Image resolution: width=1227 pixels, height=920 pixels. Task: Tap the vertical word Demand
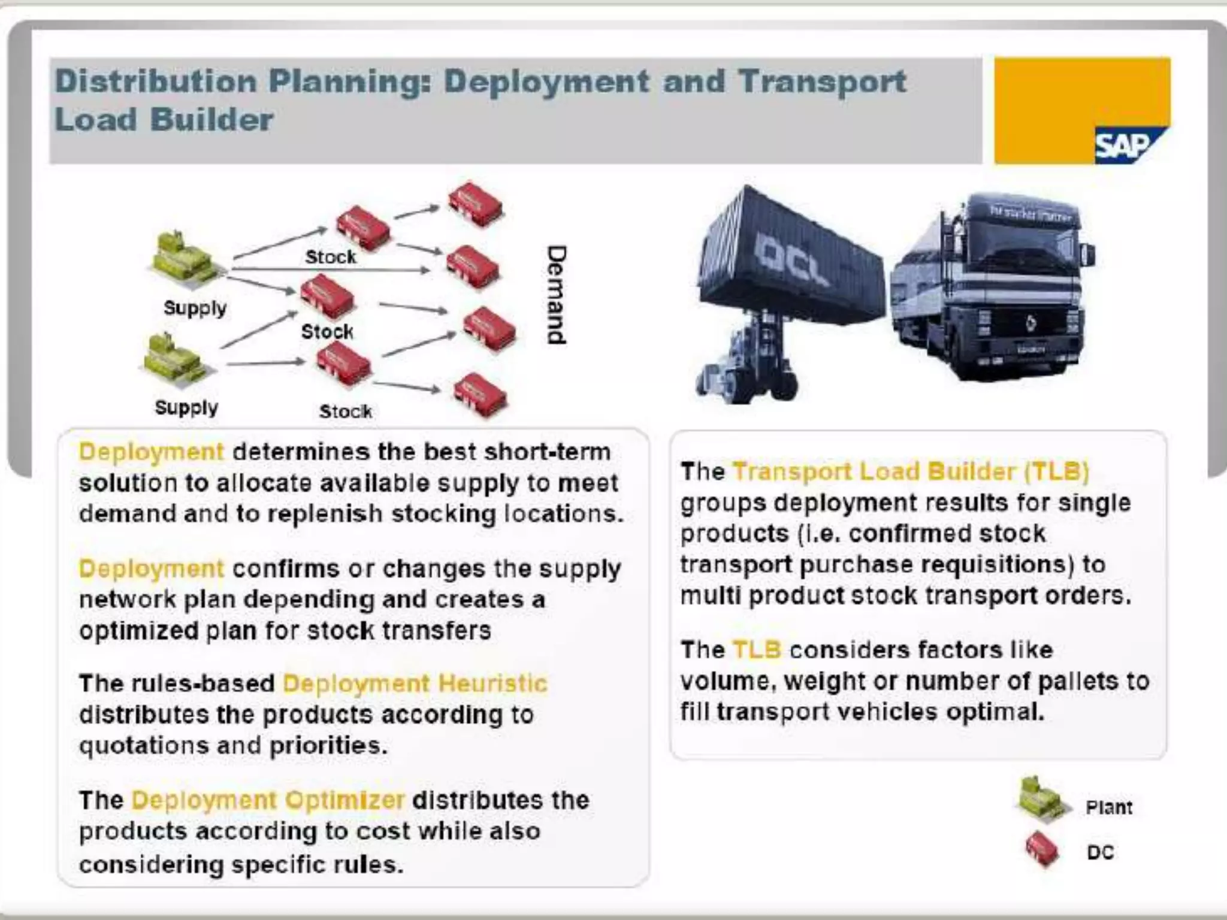click(x=556, y=295)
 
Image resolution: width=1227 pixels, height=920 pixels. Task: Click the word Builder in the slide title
click(x=211, y=119)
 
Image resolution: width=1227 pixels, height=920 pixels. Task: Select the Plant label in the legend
click(x=1108, y=807)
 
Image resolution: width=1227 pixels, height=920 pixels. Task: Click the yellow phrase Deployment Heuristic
click(x=415, y=683)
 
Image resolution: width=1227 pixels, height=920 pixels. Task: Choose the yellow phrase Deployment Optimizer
click(x=268, y=800)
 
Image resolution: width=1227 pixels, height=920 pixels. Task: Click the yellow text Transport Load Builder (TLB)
click(x=911, y=472)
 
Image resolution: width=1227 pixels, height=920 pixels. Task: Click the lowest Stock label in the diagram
click(x=346, y=411)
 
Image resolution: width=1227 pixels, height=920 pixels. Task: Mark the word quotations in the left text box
click(x=143, y=746)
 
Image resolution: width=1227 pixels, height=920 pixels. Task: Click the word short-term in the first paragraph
click(x=548, y=452)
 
